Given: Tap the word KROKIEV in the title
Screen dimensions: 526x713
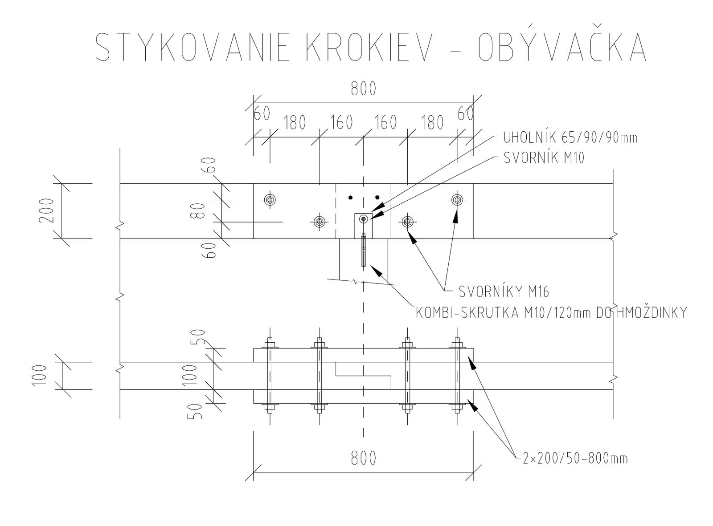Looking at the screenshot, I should pos(369,47).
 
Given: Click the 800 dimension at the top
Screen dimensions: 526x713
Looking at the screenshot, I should pos(363,89).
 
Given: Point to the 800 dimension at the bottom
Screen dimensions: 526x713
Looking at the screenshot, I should pos(363,457).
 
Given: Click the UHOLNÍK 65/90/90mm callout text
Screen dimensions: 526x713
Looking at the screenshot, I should pos(570,138).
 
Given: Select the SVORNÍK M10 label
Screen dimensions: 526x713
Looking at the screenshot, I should pos(543,158).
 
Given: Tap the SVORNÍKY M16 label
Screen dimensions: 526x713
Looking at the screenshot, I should pos(504,291).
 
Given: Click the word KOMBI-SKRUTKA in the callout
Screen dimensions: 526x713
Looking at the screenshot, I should pos(467,313).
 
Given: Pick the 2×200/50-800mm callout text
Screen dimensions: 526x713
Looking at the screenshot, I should pos(575,458).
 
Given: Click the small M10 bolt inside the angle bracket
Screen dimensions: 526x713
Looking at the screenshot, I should pos(364,219).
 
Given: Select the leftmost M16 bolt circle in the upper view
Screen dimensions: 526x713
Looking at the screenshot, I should pos(269,199).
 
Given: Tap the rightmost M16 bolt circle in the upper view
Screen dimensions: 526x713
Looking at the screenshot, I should pos(457,199).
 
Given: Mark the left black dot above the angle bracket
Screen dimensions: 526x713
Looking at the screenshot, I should pos(351,197).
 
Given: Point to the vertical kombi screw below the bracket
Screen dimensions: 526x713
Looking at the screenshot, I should pos(364,250).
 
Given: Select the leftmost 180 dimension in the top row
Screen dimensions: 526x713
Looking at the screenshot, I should pos(295,123).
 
